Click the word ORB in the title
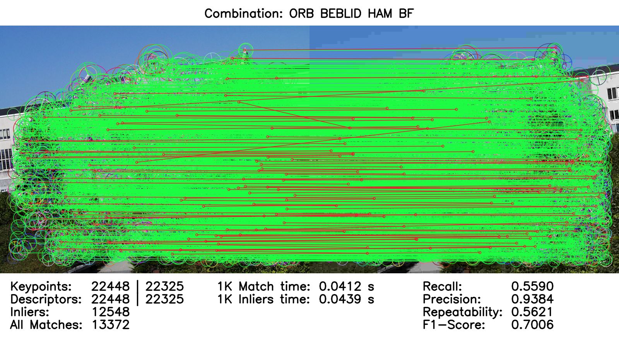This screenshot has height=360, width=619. (301, 14)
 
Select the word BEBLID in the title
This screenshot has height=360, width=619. (341, 14)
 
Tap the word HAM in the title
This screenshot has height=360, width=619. (380, 14)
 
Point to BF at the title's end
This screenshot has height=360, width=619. (406, 14)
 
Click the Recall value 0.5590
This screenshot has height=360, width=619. (532, 286)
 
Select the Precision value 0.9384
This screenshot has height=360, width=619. (532, 299)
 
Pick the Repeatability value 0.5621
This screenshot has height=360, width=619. (532, 312)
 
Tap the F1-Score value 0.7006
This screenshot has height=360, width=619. (532, 325)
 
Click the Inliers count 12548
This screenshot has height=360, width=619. (111, 312)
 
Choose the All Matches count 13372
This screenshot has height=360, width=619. (111, 325)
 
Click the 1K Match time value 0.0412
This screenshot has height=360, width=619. (340, 286)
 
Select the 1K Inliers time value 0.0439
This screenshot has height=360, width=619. (340, 299)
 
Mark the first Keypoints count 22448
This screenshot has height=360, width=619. (111, 286)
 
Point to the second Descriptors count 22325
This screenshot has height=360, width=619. (164, 299)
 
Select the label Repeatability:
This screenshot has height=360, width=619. (462, 312)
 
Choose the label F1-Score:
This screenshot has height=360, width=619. (454, 325)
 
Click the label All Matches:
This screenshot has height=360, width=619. (46, 325)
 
